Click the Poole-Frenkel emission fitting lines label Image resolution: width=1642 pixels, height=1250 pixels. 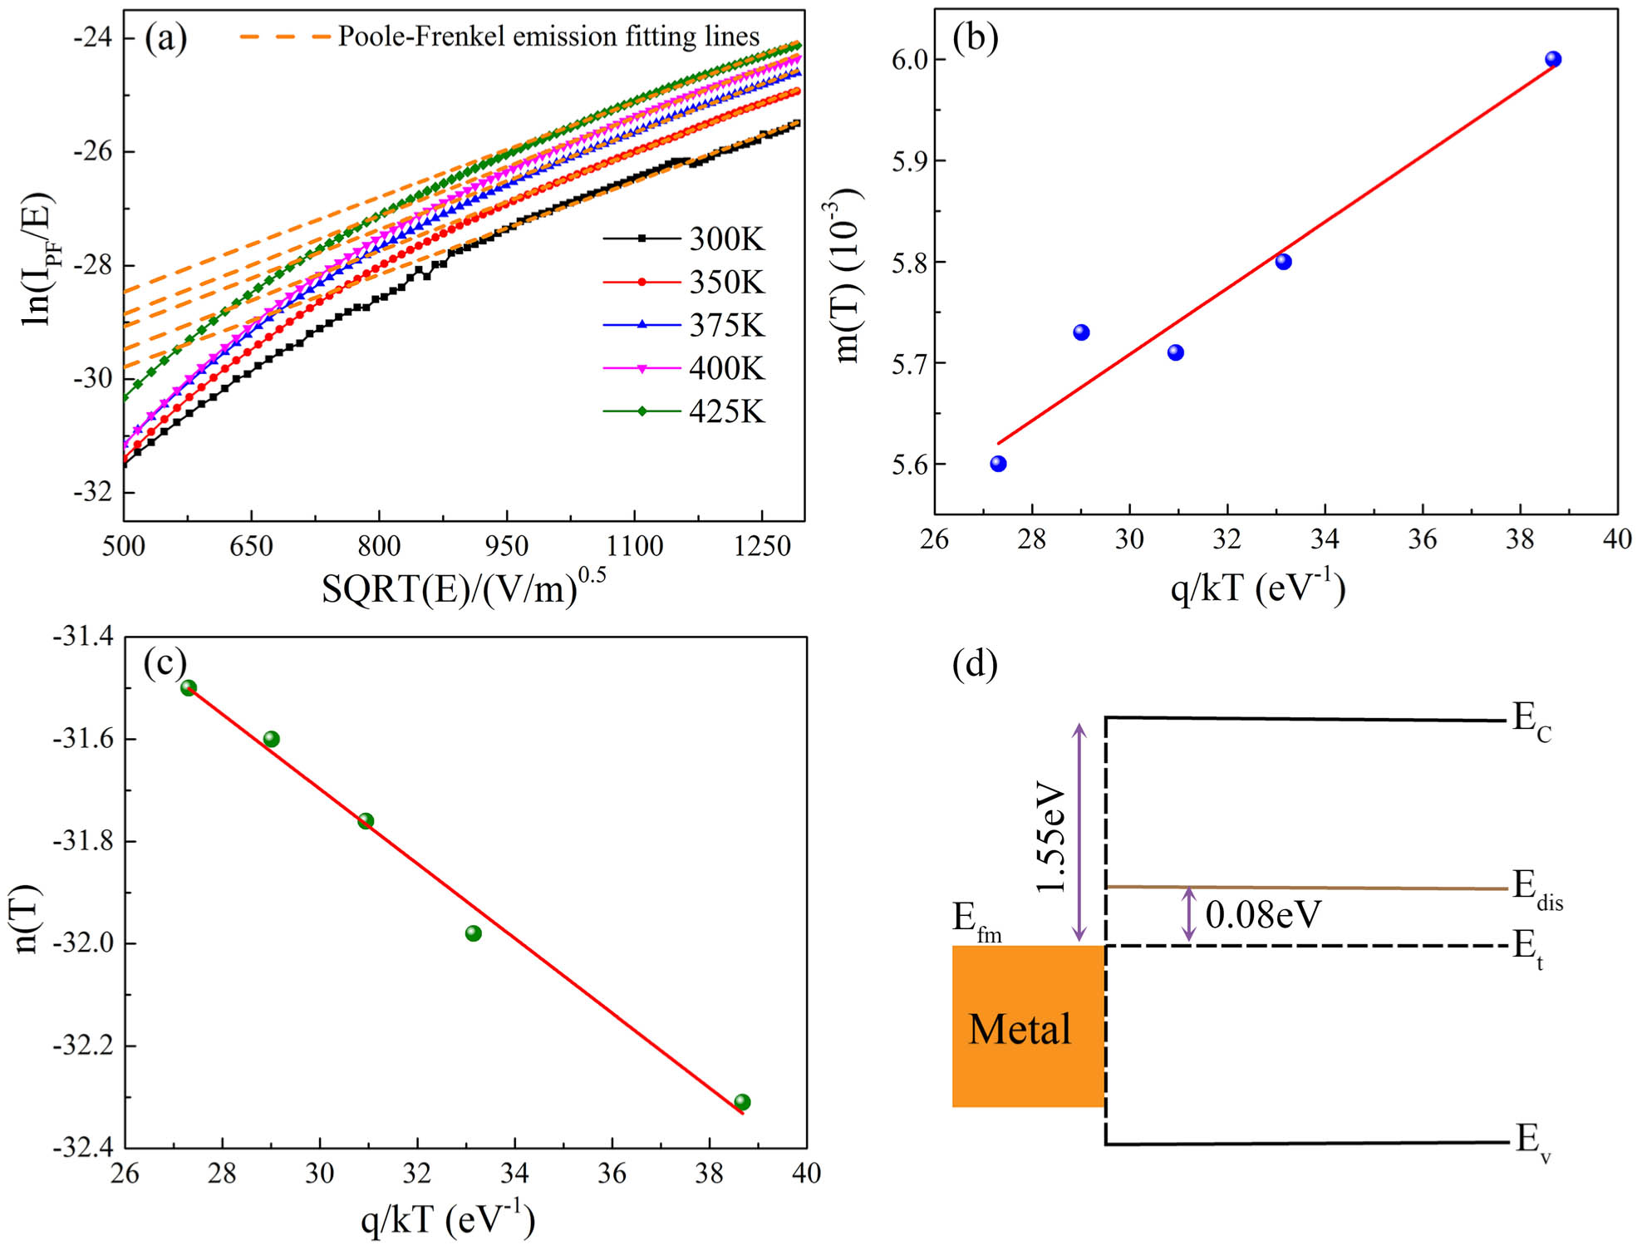click(x=548, y=37)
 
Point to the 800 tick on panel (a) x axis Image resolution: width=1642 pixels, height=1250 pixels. click(x=379, y=546)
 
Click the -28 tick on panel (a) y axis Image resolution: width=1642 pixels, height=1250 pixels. click(x=93, y=265)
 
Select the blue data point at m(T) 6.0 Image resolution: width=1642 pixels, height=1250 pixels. click(x=1552, y=59)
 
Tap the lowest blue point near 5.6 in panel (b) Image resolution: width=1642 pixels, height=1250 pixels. click(x=998, y=464)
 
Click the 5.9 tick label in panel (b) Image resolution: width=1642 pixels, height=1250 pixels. click(x=908, y=161)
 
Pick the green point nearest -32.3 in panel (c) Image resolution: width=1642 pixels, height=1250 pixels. click(x=742, y=1102)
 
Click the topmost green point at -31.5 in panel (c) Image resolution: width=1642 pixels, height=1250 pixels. click(x=189, y=687)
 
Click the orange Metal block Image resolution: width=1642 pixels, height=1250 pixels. click(x=1028, y=1026)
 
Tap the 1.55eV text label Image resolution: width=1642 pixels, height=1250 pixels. click(x=1051, y=836)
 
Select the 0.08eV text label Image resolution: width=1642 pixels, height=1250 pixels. click(x=1262, y=915)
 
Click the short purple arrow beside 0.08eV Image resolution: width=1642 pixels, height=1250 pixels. click(x=1188, y=914)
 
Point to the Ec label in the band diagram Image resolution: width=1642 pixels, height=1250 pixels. click(x=1531, y=720)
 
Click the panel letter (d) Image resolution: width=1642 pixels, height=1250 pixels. click(x=974, y=665)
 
